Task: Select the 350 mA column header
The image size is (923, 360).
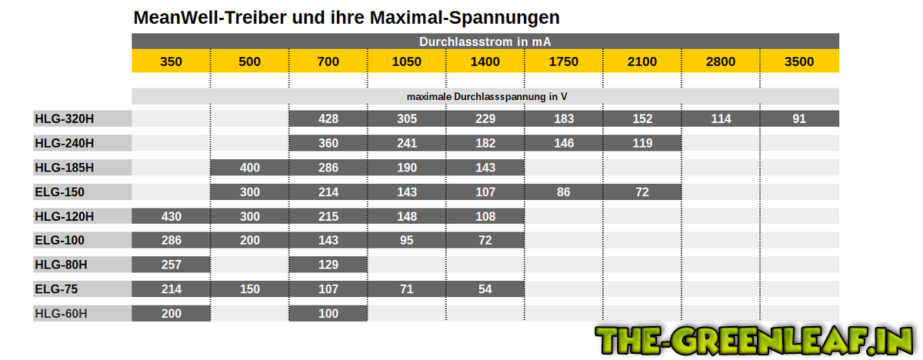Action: (171, 62)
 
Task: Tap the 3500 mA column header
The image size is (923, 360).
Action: (799, 62)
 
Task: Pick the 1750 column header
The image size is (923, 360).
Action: (564, 62)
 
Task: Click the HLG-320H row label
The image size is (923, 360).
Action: (65, 118)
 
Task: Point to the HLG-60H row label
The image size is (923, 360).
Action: (62, 313)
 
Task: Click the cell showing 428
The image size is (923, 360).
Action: (328, 118)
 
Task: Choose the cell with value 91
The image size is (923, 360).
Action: (799, 118)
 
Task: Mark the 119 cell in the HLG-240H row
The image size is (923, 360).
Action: (642, 143)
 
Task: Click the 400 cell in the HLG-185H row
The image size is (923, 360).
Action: (249, 168)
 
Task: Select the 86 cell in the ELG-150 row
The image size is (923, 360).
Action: (564, 192)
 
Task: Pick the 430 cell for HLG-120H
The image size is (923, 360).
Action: (171, 216)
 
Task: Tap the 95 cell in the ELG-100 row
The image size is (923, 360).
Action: (407, 241)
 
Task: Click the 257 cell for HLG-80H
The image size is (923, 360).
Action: (171, 265)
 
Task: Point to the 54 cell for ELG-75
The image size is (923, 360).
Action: (485, 289)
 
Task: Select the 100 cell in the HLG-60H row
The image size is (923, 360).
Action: (328, 313)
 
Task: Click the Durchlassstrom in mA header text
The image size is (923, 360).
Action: (485, 41)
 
